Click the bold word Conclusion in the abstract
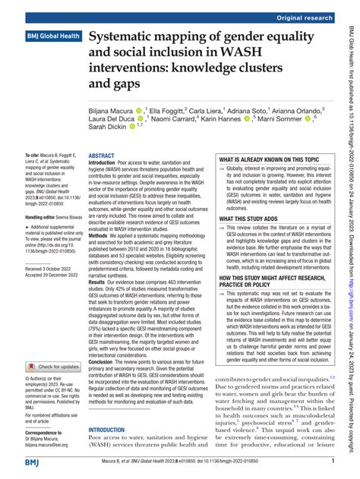coord(105,362)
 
